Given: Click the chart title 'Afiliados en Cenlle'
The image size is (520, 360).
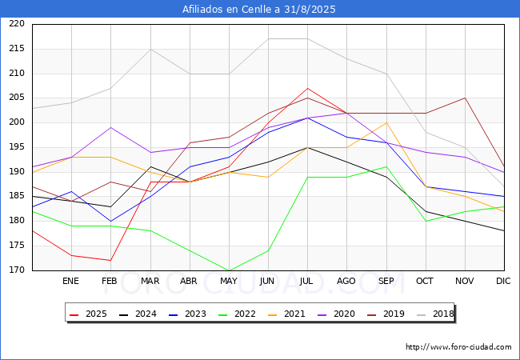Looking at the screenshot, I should pyautogui.click(x=259, y=10).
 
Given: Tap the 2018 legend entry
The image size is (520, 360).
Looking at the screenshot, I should pyautogui.click(x=434, y=314).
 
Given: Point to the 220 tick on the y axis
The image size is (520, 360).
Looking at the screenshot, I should pyautogui.click(x=17, y=24).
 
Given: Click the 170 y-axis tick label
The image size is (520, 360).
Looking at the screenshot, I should pyautogui.click(x=17, y=270).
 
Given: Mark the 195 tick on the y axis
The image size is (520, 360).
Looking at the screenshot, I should pyautogui.click(x=17, y=147).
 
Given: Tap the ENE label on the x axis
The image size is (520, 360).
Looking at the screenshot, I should pyautogui.click(x=70, y=282).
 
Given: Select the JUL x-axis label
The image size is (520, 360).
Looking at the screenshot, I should pyautogui.click(x=307, y=282).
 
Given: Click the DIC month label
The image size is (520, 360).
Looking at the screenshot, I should pyautogui.click(x=503, y=282).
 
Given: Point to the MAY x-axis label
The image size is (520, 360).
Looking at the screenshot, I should pyautogui.click(x=229, y=282).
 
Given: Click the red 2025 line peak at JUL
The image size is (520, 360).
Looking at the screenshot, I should pyautogui.click(x=307, y=88).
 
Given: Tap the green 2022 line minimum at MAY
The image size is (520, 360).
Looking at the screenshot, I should pyautogui.click(x=229, y=270).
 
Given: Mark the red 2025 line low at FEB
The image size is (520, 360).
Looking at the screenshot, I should pyautogui.click(x=110, y=260).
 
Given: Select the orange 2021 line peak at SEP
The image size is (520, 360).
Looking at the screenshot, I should pyautogui.click(x=386, y=122).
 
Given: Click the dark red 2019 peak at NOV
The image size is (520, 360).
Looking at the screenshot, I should pyautogui.click(x=465, y=98).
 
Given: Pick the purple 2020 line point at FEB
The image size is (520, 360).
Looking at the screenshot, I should pyautogui.click(x=110, y=127).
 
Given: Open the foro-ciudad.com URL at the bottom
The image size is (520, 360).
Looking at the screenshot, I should pyautogui.click(x=458, y=347).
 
